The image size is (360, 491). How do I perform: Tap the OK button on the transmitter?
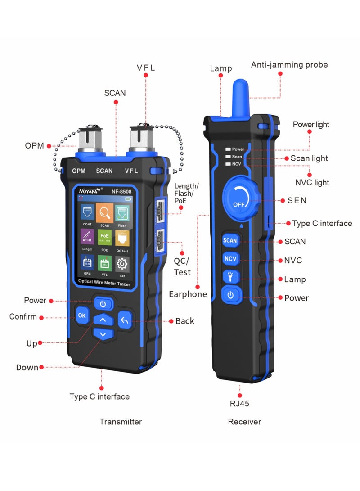[81, 315]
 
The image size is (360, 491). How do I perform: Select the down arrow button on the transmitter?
[103, 334]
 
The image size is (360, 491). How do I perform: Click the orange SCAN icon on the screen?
[104, 212]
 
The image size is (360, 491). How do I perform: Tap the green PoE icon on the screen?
[104, 237]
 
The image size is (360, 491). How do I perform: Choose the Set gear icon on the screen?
[122, 263]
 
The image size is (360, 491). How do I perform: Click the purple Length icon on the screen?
[87, 237]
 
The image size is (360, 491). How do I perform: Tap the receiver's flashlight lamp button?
[230, 277]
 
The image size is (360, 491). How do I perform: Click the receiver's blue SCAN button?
[230, 240]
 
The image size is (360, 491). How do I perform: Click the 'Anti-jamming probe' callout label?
[289, 65]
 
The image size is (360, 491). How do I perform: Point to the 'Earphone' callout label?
[188, 294]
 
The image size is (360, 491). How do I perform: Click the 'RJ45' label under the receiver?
[239, 404]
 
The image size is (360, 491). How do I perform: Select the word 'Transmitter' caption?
[121, 422]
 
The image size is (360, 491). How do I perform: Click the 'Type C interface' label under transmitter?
[99, 396]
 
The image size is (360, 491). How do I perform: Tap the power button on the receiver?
[230, 295]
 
